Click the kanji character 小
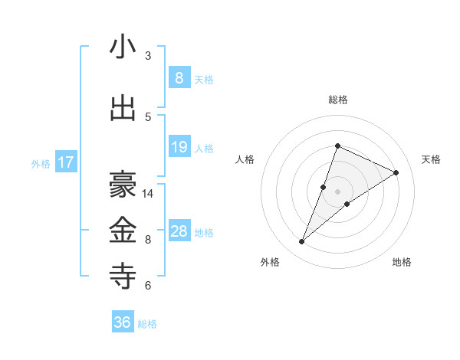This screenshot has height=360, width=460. point(123,47)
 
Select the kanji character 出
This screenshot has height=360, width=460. point(123,109)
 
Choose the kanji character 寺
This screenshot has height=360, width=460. point(123,275)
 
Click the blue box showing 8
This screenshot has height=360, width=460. point(179,77)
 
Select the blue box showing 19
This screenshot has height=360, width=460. point(179,147)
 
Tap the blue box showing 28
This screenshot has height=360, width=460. point(179,231)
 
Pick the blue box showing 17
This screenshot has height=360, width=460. point(65,162)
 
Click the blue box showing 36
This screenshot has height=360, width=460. point(122,322)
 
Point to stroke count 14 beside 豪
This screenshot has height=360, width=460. point(148,194)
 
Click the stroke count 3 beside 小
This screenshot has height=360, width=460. point(148,56)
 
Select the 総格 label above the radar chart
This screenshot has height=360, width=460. point(337,100)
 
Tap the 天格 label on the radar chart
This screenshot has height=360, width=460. point(432,159)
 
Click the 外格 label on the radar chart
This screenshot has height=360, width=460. point(270,262)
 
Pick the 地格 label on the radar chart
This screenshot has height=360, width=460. point(402,262)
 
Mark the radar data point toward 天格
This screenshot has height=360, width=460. point(396,172)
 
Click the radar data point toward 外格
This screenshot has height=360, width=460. point(302,241)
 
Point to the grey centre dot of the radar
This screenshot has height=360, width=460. point(337,191)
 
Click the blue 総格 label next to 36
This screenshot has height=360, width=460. point(147,324)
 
